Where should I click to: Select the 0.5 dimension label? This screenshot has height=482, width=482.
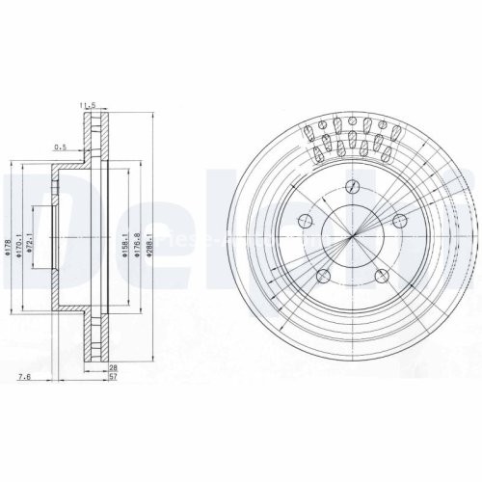click(x=60, y=147)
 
